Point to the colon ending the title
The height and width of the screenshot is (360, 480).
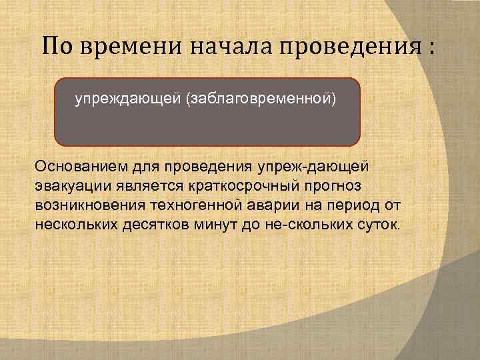(x=434, y=48)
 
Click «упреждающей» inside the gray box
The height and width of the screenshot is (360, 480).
(x=129, y=101)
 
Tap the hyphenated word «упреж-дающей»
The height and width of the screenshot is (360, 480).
(x=307, y=165)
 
